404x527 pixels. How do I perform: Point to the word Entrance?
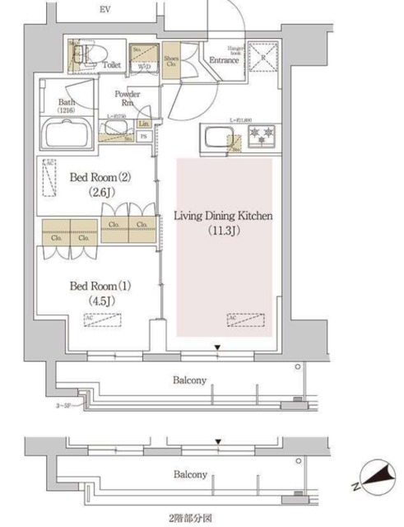[223, 60]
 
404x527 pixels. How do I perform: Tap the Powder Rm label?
[127, 98]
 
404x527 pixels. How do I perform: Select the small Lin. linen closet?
[143, 124]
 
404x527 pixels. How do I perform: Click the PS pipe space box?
[143, 136]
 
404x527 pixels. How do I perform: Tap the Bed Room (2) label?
[100, 177]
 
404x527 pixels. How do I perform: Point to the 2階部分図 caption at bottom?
[190, 519]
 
